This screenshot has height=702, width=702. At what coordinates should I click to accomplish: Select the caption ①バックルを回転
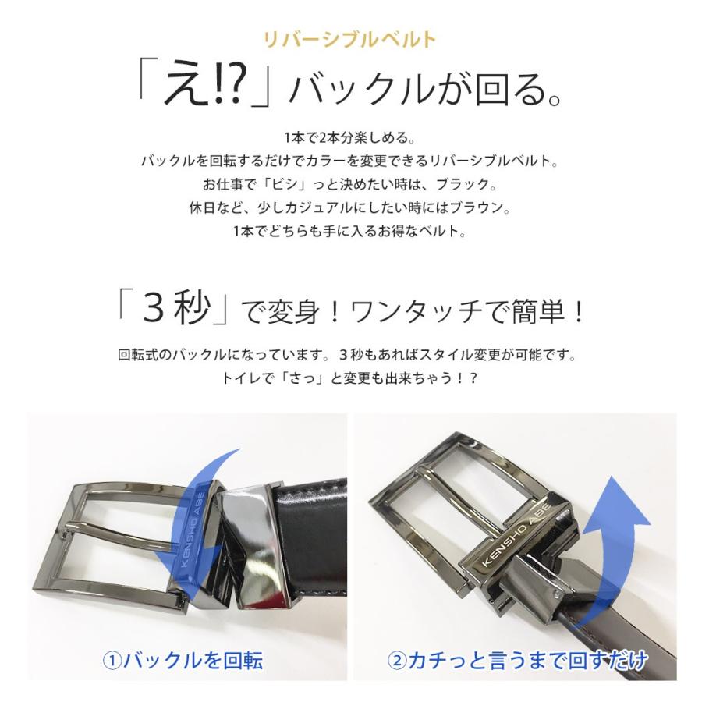click(x=183, y=661)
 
